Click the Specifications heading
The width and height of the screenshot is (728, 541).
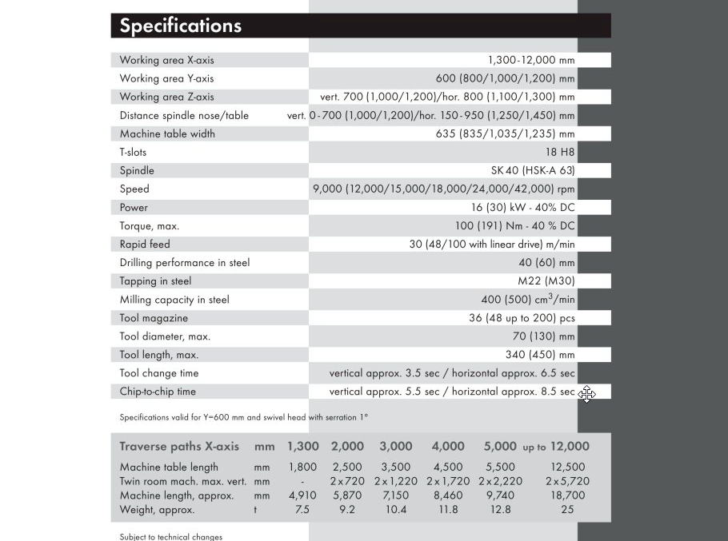pos(180,26)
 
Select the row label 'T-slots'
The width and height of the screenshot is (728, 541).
pos(133,152)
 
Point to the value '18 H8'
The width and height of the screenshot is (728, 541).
pos(559,152)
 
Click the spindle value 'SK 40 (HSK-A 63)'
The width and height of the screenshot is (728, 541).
pos(532,170)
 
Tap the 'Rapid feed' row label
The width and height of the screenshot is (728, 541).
pos(145,245)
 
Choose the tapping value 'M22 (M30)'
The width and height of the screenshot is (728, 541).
pos(546,281)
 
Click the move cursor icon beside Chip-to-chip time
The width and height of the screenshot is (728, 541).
pos(586,394)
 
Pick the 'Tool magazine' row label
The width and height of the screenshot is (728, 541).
pos(154,318)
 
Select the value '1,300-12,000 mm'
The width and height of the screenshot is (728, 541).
pos(530,60)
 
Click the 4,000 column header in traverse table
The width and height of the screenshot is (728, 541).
pos(447,447)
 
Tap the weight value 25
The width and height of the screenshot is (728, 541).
pos(567,510)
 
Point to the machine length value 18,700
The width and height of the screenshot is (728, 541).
pos(567,495)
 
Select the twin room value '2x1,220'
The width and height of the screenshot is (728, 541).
pos(396,481)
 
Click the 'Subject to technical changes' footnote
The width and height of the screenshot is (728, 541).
pos(170,537)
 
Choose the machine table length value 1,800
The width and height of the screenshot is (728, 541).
pos(302,467)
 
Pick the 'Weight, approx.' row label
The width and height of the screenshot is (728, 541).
pos(157,510)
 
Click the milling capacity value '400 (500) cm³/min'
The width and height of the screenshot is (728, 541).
pos(527,300)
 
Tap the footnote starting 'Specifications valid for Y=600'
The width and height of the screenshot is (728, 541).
pos(243,417)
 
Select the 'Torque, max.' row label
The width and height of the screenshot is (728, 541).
pos(150,226)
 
